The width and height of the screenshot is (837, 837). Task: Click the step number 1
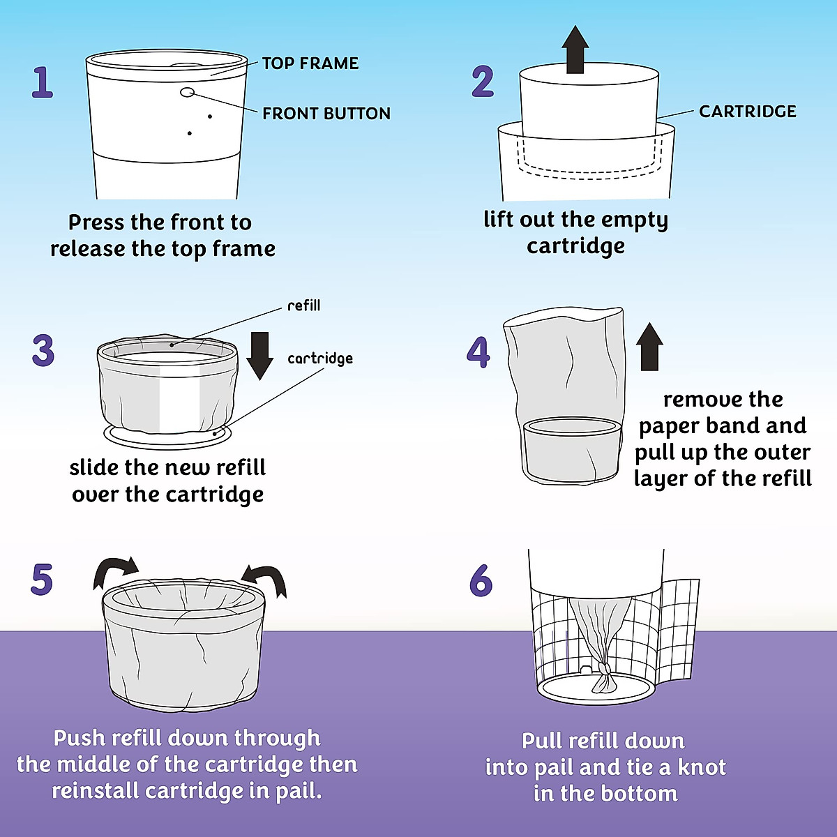tap(43, 82)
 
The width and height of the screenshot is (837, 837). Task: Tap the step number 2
tap(483, 82)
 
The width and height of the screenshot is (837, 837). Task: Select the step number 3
tap(43, 351)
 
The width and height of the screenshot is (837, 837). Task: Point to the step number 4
tap(478, 352)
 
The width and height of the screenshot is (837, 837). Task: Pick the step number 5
tap(42, 580)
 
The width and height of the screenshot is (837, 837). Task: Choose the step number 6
tap(481, 580)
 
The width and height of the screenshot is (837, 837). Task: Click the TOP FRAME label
tap(310, 63)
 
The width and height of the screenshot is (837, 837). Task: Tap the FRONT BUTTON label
tap(326, 114)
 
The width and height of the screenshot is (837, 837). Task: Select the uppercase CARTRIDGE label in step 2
tap(748, 112)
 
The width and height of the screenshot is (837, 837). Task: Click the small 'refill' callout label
tap(304, 306)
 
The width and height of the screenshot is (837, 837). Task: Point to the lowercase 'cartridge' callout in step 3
tap(320, 359)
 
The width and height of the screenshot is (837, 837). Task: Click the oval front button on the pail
tap(188, 92)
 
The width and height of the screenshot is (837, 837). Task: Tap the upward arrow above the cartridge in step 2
tap(575, 49)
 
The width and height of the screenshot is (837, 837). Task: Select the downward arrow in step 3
tap(259, 355)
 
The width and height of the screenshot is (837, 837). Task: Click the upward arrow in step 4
tap(650, 346)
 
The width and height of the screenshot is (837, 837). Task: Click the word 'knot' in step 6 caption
tap(701, 767)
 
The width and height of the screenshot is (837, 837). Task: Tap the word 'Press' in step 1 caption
tap(96, 223)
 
